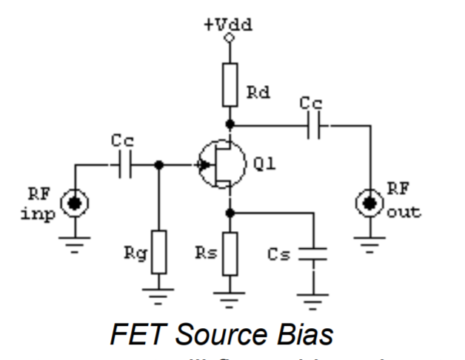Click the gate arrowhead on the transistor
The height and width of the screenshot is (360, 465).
coord(201,167)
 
